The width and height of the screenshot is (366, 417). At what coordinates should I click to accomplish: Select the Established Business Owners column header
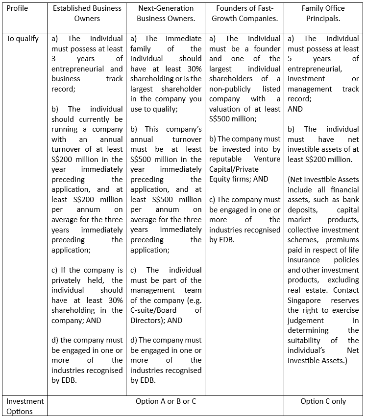pyautogui.click(x=87, y=13)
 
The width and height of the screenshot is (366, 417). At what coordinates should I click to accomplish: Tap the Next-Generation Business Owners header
pyautogui.click(x=166, y=13)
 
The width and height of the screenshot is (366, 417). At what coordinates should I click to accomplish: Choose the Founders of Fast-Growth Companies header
pyautogui.click(x=244, y=13)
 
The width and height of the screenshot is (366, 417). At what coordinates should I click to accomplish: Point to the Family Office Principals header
pyautogui.click(x=323, y=13)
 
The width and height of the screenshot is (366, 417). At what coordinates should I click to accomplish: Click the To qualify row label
pyautogui.click(x=23, y=39)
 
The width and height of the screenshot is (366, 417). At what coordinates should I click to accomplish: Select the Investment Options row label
pyautogui.click(x=25, y=406)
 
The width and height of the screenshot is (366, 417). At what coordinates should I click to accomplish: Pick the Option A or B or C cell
pyautogui.click(x=166, y=401)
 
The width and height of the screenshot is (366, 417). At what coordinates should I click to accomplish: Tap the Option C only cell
pyautogui.click(x=323, y=401)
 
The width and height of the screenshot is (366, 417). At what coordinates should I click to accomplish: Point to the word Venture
pyautogui.click(x=268, y=159)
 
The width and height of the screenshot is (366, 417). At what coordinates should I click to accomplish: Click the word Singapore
pyautogui.click(x=304, y=301)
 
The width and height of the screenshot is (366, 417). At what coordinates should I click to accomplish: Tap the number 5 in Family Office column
pyautogui.click(x=290, y=59)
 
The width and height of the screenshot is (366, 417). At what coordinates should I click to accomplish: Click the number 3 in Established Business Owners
pyautogui.click(x=54, y=59)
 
